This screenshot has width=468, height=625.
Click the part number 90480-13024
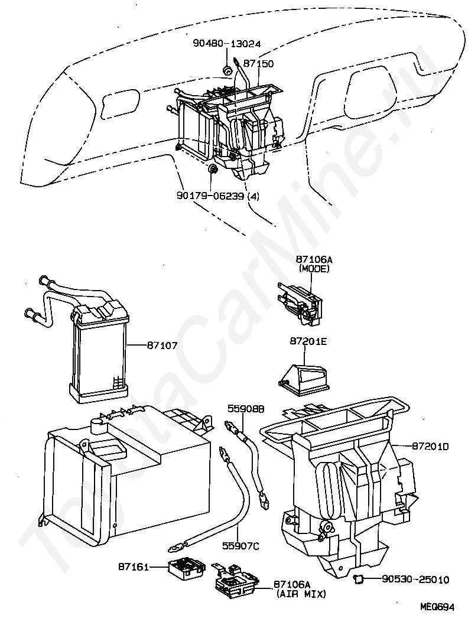(x=226, y=44)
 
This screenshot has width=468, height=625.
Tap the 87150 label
(x=258, y=64)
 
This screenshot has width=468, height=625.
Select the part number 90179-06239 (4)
(x=217, y=196)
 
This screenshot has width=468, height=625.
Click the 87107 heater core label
(x=162, y=345)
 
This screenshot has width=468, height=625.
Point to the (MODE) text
(x=314, y=269)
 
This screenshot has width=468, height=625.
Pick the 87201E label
(x=308, y=341)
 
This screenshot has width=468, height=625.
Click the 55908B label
(x=246, y=409)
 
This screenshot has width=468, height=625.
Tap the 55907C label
(x=240, y=546)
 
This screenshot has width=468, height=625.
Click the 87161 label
(x=133, y=566)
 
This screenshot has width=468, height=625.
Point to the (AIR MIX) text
(x=301, y=594)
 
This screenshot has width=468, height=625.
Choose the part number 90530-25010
(x=415, y=579)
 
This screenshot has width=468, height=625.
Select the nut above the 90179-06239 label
(x=213, y=169)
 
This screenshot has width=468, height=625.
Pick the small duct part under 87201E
(x=303, y=377)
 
